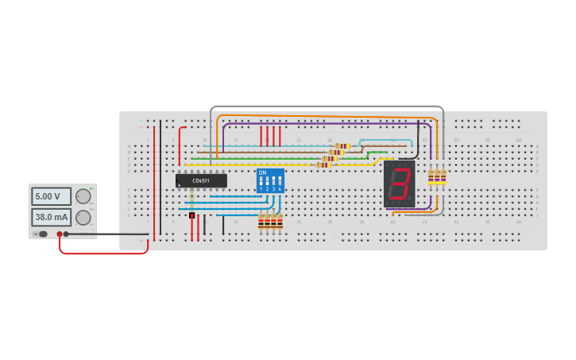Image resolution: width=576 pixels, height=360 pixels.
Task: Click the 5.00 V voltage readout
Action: [51, 196]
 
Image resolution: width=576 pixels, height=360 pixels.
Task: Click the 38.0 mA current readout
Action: [51, 216]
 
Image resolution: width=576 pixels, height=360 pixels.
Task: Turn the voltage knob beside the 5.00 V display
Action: [83, 196]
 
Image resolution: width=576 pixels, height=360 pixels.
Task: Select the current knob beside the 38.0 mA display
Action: [83, 217]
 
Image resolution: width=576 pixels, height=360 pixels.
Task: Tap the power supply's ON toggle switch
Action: [43, 234]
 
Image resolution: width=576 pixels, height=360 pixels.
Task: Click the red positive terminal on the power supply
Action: [59, 234]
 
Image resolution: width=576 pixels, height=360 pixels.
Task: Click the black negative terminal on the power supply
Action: [66, 234]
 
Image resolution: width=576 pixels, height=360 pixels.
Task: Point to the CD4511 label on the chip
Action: [201, 180]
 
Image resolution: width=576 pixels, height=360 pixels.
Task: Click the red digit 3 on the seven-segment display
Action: [400, 184]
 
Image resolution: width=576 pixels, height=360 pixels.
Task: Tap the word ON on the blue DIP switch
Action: [263, 172]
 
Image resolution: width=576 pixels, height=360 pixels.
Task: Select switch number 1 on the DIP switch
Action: [261, 182]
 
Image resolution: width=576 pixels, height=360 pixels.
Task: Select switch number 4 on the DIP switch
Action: [280, 182]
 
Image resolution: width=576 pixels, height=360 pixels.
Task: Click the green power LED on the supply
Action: [91, 188]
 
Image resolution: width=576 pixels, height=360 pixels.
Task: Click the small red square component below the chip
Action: [191, 215]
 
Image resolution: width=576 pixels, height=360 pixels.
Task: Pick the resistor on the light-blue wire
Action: [342, 146]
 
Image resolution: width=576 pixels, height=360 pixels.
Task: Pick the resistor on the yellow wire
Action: [323, 165]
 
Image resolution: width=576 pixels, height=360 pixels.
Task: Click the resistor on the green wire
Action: [330, 158]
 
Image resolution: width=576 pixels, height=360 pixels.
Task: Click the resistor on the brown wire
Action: [336, 152]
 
